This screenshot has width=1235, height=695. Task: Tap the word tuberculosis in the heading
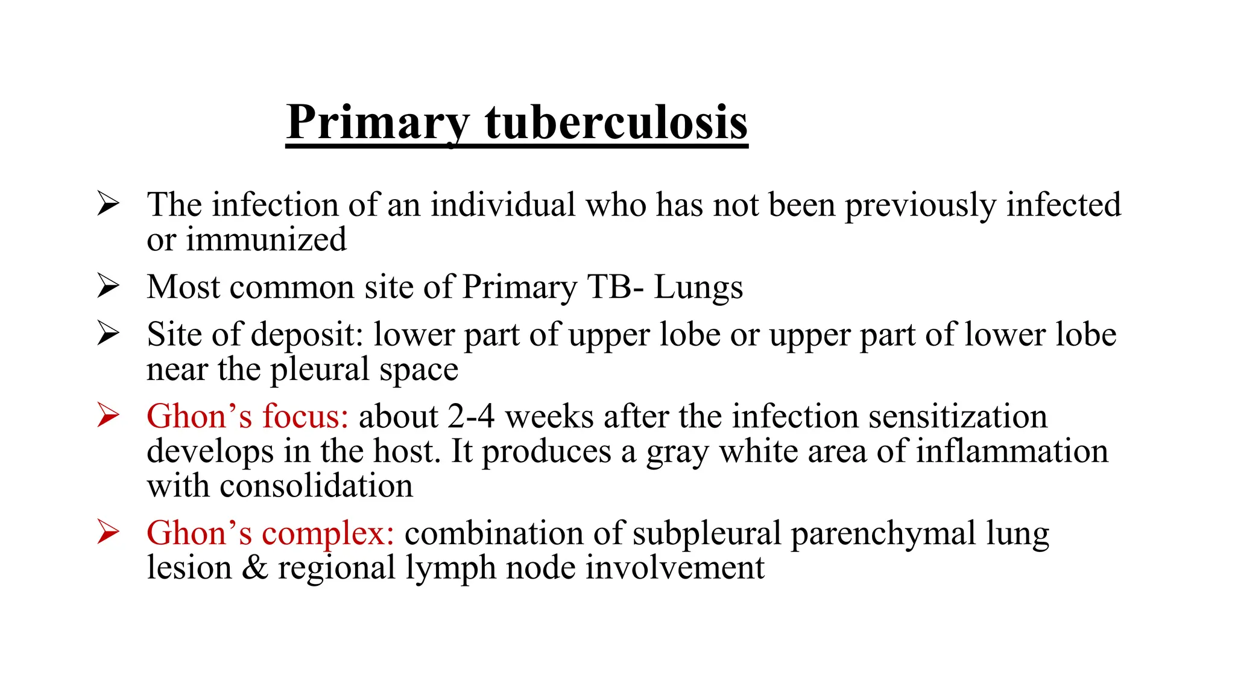click(616, 123)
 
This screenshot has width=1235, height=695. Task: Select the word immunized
click(266, 240)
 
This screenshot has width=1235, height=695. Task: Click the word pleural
click(320, 370)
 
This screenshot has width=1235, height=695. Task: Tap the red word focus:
click(305, 417)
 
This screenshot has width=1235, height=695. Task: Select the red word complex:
click(327, 533)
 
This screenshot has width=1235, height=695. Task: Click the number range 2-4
click(471, 417)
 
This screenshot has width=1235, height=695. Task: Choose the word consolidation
click(316, 486)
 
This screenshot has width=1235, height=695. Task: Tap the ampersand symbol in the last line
click(254, 568)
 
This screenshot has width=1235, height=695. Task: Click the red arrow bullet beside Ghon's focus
click(108, 416)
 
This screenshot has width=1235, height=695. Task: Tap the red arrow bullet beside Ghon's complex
click(108, 532)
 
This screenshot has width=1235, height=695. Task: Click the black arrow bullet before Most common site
click(108, 286)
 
